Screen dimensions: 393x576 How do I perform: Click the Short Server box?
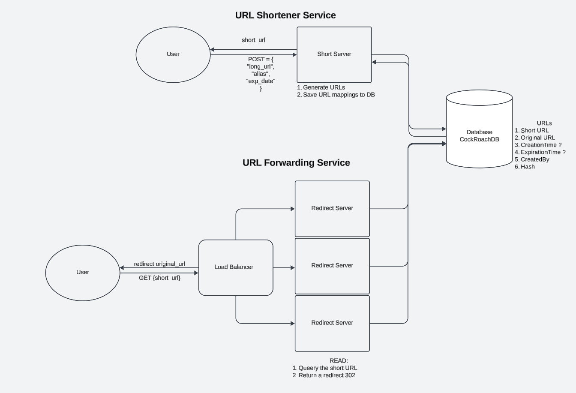point(334,54)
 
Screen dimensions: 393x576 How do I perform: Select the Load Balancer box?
point(235,267)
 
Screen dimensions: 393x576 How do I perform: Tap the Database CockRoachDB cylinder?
point(479,136)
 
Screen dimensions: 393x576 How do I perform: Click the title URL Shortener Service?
point(285,15)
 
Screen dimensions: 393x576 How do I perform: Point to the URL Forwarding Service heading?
point(296,163)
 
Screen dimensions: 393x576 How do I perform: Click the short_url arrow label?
point(253,40)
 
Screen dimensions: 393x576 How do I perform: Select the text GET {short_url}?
point(159,278)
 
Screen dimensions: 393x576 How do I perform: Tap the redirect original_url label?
point(159,264)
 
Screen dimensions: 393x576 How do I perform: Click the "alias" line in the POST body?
point(261,74)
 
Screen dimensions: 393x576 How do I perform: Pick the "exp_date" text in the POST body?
point(261,81)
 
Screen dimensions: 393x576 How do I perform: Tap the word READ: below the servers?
point(339,361)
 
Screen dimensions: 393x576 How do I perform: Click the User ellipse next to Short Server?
point(173,54)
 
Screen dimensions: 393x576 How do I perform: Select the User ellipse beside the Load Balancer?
point(83,273)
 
